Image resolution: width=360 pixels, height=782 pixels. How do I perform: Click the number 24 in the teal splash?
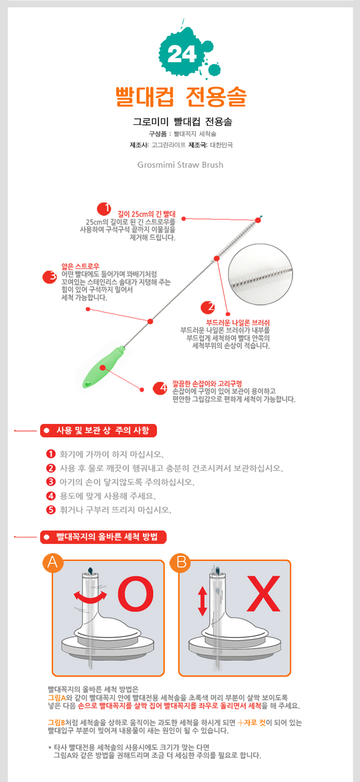[x=181, y=55]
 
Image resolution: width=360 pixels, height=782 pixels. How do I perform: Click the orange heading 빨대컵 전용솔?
[x=181, y=96]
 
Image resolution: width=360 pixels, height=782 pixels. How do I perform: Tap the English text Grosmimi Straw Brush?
[x=180, y=165]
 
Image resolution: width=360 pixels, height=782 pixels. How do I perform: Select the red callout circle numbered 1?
[x=104, y=209]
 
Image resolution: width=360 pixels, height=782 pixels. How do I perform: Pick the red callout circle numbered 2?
[x=208, y=307]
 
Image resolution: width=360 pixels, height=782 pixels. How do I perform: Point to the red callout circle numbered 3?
[x=49, y=277]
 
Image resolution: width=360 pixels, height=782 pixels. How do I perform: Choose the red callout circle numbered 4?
[x=160, y=388]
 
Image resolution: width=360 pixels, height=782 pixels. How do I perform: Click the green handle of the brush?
[x=102, y=368]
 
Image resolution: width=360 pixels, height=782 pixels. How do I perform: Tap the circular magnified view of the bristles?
[x=260, y=275]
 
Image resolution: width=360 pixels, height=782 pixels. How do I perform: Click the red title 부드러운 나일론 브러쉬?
[x=238, y=322]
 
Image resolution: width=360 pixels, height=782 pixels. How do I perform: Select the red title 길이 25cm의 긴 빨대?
[x=147, y=214]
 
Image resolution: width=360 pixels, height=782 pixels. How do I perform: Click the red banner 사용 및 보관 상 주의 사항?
[x=98, y=431]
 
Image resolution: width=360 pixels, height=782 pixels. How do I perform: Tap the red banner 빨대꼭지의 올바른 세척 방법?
[x=104, y=537]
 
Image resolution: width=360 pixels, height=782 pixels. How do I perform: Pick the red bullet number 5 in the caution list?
[x=51, y=510]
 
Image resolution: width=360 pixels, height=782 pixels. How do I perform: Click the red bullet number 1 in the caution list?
[x=51, y=454]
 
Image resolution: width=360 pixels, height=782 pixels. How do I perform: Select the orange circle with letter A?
[x=53, y=563]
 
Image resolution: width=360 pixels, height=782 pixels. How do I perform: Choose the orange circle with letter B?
[x=180, y=563]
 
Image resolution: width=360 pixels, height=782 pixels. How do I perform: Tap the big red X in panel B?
[x=264, y=594]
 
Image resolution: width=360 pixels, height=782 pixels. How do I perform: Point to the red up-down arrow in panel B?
[x=202, y=601]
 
